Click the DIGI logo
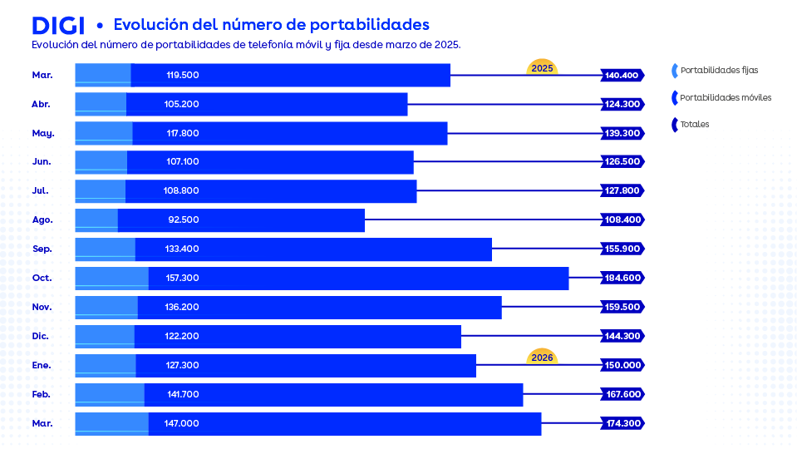tap(58, 25)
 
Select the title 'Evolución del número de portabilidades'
tap(271, 24)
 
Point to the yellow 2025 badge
tap(542, 67)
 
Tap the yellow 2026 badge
tap(542, 357)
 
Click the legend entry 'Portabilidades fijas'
tap(719, 71)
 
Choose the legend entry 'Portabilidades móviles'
tap(726, 97)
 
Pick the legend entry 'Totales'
tap(694, 125)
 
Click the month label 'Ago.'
tap(42, 220)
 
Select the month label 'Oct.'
tap(42, 278)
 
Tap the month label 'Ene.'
tap(42, 365)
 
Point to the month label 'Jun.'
tap(42, 161)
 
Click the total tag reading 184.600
tap(622, 278)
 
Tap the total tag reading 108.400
tap(622, 220)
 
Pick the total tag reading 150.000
tap(622, 365)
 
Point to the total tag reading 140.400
tap(622, 75)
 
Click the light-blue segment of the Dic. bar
tap(105, 336)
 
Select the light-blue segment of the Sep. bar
tap(106, 249)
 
